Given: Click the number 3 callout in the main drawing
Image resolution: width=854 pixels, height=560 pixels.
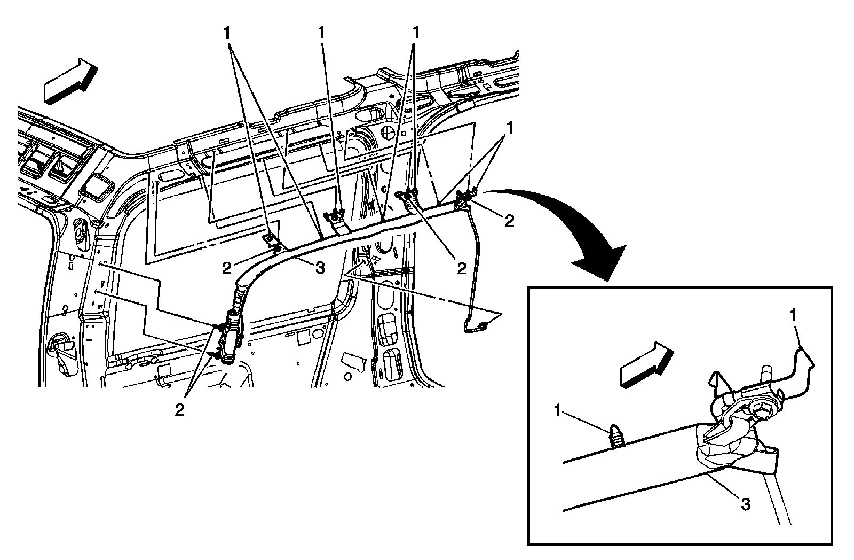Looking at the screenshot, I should tap(320, 269).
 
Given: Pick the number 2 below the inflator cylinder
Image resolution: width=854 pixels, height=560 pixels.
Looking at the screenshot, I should tap(180, 410).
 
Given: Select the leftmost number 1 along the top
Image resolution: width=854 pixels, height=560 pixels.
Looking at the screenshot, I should tap(228, 33).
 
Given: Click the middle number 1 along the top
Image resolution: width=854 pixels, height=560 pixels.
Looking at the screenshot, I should tap(321, 33).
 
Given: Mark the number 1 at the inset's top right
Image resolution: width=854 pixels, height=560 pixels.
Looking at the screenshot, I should tap(794, 316).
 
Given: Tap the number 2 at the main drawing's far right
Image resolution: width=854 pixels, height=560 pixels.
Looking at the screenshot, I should tap(509, 221).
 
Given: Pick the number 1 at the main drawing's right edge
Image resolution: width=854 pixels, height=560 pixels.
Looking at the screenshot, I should tap(511, 128).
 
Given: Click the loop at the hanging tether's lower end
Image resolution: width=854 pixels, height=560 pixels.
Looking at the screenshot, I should tap(482, 325).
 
